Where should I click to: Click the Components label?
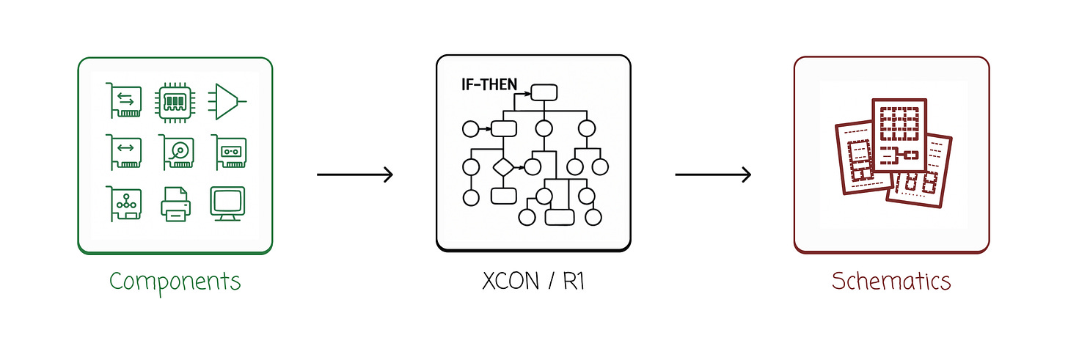(175, 281)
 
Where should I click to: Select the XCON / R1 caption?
(533, 281)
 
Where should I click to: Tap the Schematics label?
(891, 281)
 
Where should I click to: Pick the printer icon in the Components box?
(175, 203)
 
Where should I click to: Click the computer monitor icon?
(227, 203)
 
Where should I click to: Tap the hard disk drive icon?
(177, 152)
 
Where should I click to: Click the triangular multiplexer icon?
(227, 101)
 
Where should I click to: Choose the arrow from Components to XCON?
(355, 175)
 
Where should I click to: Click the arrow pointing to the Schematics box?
(713, 175)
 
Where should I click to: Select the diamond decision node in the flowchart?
(502, 166)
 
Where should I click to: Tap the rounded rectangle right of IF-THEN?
(544, 92)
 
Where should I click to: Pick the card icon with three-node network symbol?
(124, 202)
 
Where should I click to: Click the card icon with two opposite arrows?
(124, 101)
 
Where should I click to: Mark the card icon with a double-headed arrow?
(124, 152)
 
